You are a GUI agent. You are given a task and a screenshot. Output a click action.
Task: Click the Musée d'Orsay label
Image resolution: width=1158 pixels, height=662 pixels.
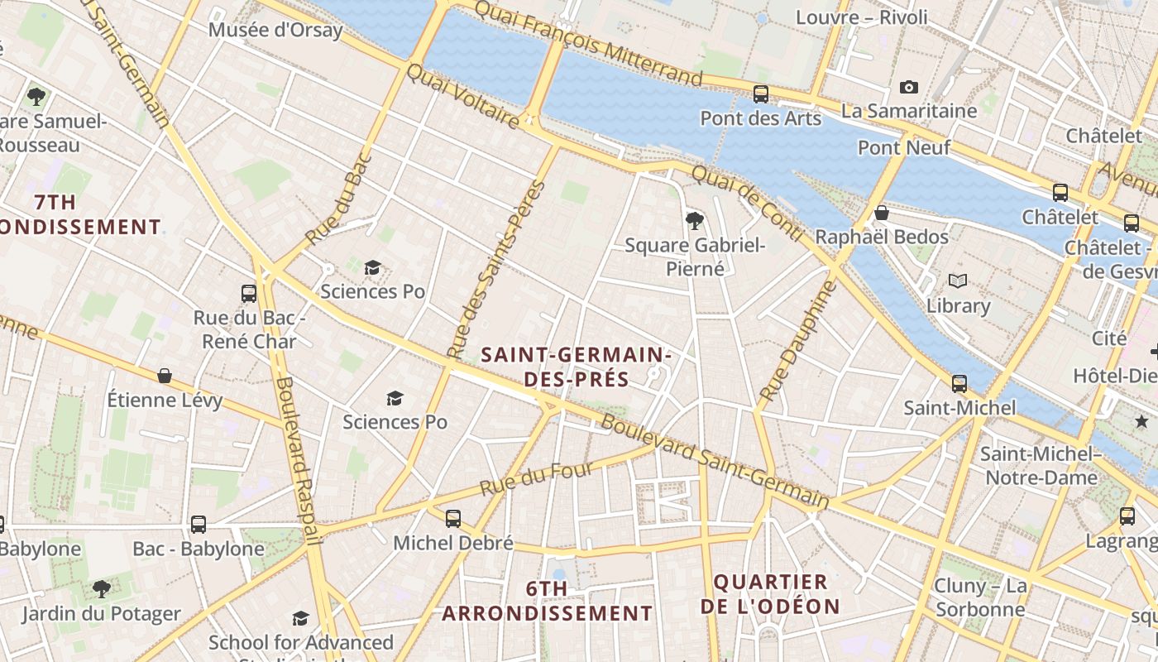[x=275, y=31]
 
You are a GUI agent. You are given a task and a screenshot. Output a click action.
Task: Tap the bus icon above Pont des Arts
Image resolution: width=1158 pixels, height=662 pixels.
[x=760, y=94]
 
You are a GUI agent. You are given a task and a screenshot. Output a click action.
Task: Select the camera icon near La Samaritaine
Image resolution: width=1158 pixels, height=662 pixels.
[x=908, y=87]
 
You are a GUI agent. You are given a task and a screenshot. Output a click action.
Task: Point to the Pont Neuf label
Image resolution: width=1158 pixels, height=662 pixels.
[x=904, y=147]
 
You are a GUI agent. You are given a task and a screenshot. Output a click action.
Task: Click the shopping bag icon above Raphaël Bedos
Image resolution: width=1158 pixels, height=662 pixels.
[x=882, y=213]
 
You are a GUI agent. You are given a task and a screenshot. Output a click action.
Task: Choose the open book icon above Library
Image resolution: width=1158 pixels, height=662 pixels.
[x=958, y=281]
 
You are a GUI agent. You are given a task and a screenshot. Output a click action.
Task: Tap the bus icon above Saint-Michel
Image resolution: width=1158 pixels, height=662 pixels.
[x=959, y=383]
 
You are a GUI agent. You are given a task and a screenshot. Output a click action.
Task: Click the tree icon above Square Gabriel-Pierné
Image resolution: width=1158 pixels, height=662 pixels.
[x=695, y=220]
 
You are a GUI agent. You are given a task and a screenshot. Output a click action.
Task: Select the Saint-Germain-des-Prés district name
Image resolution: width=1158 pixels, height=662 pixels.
[x=576, y=367]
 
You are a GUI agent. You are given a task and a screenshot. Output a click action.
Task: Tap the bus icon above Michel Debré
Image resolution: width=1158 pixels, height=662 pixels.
[x=452, y=519]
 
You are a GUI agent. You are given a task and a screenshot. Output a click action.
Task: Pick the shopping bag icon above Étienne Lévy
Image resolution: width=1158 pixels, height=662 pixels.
[x=165, y=376]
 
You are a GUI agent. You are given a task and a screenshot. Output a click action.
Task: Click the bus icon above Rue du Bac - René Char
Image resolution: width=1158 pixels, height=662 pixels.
[x=249, y=293]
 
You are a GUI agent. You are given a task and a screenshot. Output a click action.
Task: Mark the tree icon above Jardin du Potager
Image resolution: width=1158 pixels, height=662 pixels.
[x=101, y=589]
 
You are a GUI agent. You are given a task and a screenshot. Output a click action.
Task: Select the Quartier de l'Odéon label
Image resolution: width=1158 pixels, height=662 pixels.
[x=770, y=594]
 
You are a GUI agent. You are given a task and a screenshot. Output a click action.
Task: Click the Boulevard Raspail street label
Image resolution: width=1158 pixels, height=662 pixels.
[x=297, y=460]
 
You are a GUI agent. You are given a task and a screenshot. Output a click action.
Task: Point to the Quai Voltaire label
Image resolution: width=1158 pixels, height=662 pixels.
[x=462, y=97]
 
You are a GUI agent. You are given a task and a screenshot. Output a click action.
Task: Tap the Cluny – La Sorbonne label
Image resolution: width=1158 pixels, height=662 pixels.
[x=980, y=598]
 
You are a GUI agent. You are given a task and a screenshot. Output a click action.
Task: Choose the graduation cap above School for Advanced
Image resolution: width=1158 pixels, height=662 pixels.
[x=300, y=618]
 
